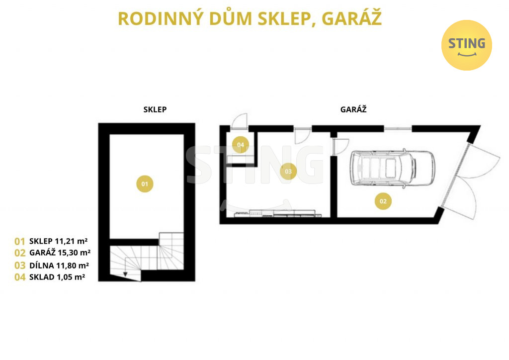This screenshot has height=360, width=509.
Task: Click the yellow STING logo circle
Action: [466, 45]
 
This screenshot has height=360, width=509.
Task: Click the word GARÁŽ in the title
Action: [351, 18]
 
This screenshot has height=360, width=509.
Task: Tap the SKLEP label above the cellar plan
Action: [155, 109]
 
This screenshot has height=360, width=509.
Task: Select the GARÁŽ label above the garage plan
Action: [353, 109]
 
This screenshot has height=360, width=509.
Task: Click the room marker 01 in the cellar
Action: [145, 184]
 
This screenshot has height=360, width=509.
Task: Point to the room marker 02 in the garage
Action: [383, 201]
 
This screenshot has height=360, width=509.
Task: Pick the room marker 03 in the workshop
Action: [288, 172]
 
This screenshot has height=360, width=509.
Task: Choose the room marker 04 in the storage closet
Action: [241, 145]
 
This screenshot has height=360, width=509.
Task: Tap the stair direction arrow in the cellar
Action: [125, 274]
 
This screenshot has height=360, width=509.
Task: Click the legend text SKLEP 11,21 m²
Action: [59, 241]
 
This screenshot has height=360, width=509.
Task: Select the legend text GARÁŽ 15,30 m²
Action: [60, 252]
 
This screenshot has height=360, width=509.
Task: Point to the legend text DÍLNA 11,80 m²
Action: [59, 266]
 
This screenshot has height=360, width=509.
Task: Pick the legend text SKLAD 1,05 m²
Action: [57, 277]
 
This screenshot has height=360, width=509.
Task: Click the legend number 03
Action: [20, 266]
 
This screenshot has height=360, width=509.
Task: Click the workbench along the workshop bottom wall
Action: [277, 213]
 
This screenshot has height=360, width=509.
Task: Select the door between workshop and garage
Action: [340, 147]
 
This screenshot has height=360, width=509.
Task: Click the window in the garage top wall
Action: [398, 129]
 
